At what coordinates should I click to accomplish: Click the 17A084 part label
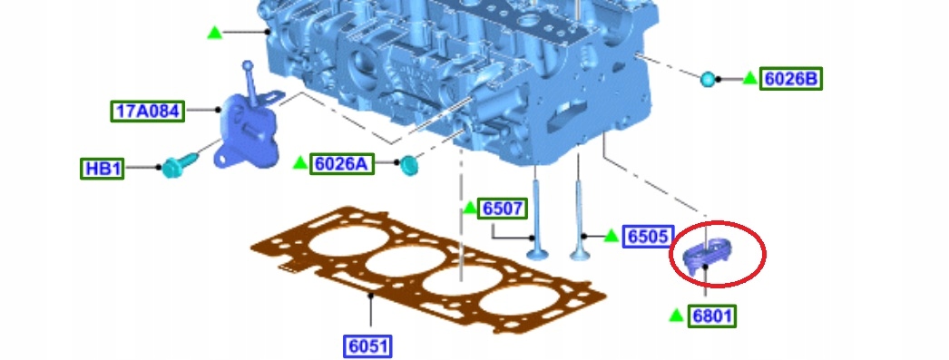click(148, 111)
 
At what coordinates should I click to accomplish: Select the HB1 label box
click(103, 168)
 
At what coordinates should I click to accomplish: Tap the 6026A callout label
click(342, 163)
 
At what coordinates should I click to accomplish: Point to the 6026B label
click(791, 79)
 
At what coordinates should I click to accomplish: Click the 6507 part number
click(503, 209)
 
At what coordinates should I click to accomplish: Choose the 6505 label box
click(648, 236)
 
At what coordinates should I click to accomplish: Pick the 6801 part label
click(711, 316)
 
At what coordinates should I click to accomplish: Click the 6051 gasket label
click(367, 346)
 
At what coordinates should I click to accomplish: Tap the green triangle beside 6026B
click(750, 78)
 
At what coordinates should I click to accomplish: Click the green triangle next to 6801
click(677, 316)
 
